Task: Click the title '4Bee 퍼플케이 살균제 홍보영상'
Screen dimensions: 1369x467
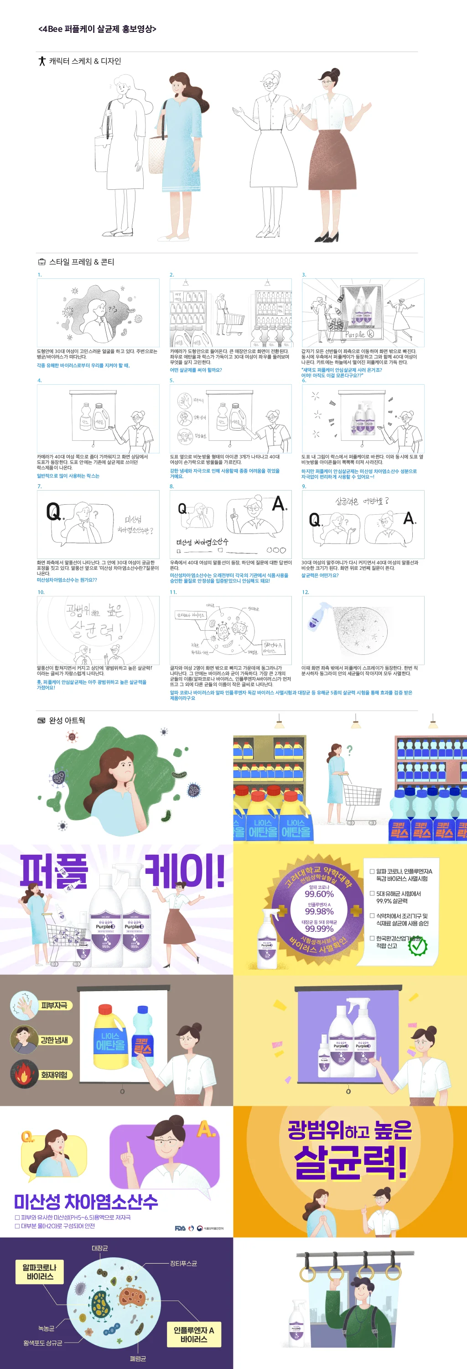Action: point(97,29)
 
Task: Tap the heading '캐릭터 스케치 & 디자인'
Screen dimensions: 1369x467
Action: point(84,61)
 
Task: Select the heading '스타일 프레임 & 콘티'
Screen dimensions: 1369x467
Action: point(81,262)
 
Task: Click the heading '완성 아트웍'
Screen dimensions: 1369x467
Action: point(67,721)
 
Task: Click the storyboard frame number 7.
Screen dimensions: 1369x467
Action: point(39,486)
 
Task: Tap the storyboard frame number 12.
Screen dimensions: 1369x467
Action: point(305,592)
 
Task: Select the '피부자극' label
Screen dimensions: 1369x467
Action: point(54,1005)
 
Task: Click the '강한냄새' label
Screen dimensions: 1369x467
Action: point(54,1040)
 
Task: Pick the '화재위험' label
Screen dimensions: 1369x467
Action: point(54,1075)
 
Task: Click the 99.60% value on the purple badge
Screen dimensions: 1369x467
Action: point(319,894)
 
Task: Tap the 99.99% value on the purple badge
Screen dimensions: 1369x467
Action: point(319,929)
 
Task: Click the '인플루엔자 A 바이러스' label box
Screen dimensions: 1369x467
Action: point(193,1334)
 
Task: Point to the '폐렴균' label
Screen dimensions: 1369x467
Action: point(138,1359)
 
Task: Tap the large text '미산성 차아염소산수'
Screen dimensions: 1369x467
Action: point(86,1202)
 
